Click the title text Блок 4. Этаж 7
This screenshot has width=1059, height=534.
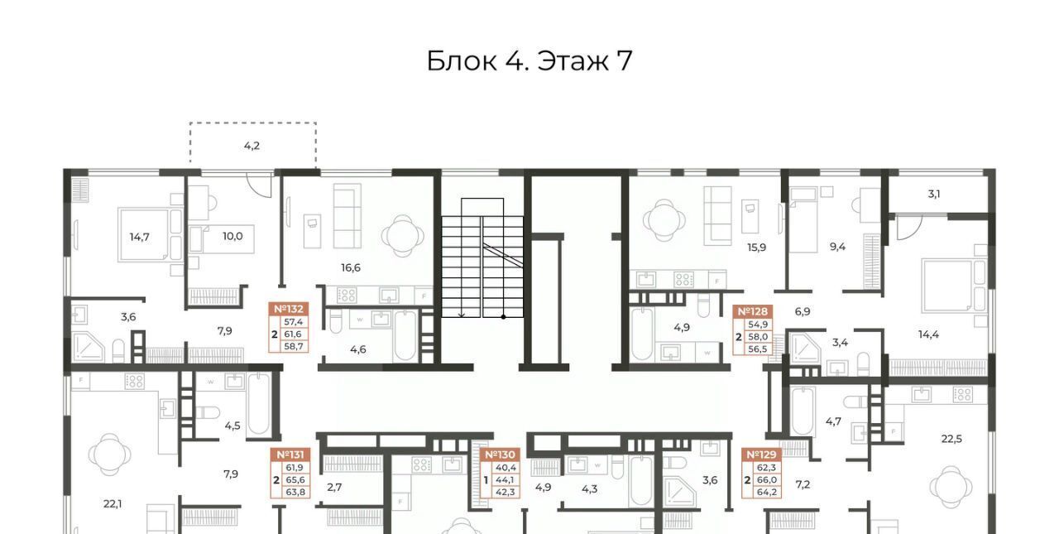tap(529, 60)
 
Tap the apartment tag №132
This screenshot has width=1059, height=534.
tap(289, 309)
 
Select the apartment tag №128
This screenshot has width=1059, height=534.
tap(753, 311)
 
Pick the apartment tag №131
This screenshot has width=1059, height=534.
tap(290, 455)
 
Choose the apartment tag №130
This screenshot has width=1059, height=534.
tap(501, 455)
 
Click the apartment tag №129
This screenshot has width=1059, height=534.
tap(761, 455)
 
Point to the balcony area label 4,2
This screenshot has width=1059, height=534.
tap(252, 146)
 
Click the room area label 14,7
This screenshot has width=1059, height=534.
tap(140, 237)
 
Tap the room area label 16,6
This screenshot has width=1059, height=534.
tap(351, 267)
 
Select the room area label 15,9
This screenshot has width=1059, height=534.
tap(756, 248)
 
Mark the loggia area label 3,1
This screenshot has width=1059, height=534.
tap(934, 194)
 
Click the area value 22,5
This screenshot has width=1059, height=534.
tap(951, 439)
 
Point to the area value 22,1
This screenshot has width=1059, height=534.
tap(113, 504)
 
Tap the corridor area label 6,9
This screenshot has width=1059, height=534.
tap(803, 311)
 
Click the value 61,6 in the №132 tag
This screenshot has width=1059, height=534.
tap(293, 334)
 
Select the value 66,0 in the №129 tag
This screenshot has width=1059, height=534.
tap(766, 480)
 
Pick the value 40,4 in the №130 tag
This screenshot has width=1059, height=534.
tap(506, 468)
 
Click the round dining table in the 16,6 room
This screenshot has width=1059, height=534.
tap(402, 235)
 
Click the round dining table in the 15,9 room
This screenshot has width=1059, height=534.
tap(664, 221)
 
